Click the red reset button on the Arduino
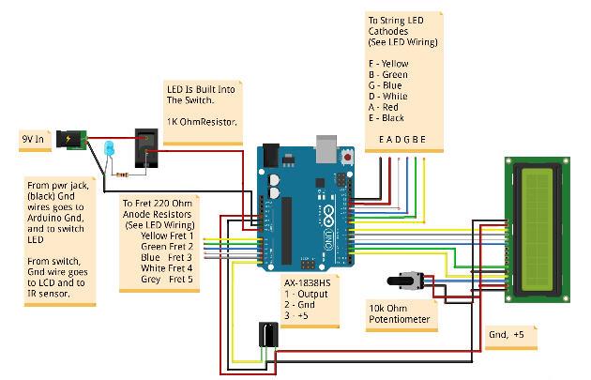click(x=349, y=160)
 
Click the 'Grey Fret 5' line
click(x=161, y=279)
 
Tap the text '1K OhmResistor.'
click(x=201, y=122)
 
